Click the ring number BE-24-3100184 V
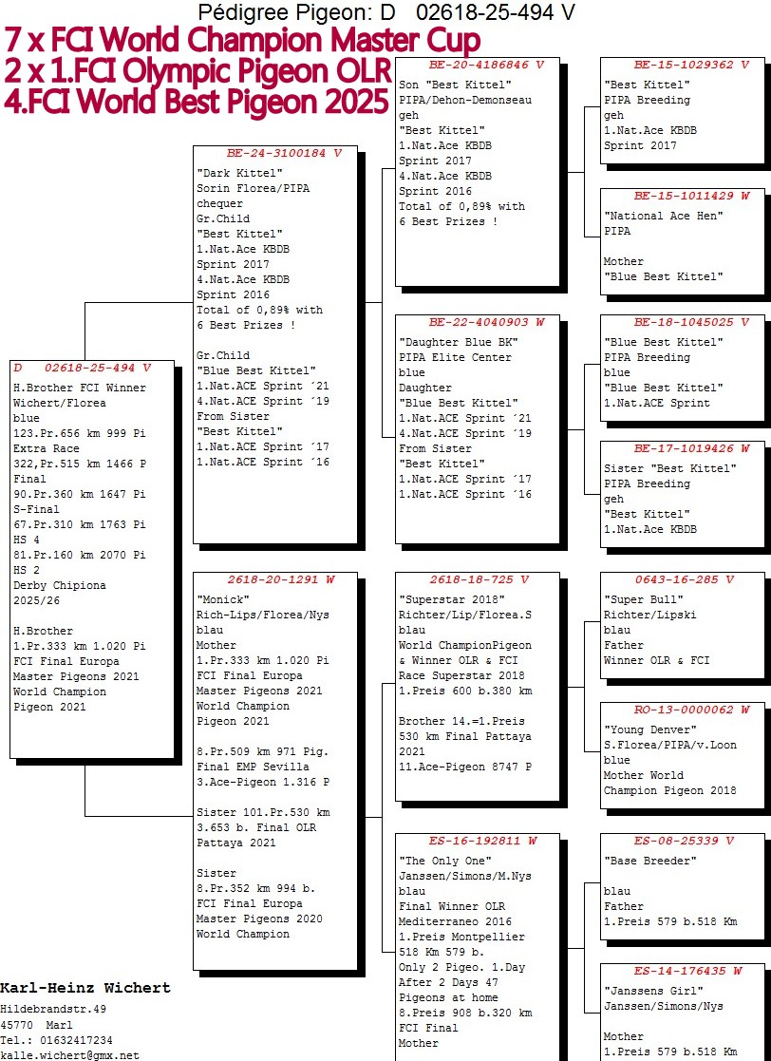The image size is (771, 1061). point(284,154)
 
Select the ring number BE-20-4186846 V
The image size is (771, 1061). point(486,65)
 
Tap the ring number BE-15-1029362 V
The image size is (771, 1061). point(691,65)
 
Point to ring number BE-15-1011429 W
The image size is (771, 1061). point(691,196)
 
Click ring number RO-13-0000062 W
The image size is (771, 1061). point(691,710)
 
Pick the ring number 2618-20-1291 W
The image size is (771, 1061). point(281,579)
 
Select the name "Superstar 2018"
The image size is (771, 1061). point(452,599)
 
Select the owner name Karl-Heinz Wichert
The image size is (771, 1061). point(85,988)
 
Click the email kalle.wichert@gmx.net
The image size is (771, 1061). point(69,1055)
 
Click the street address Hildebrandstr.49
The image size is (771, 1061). point(53,1010)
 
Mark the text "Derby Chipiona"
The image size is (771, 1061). point(60,585)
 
